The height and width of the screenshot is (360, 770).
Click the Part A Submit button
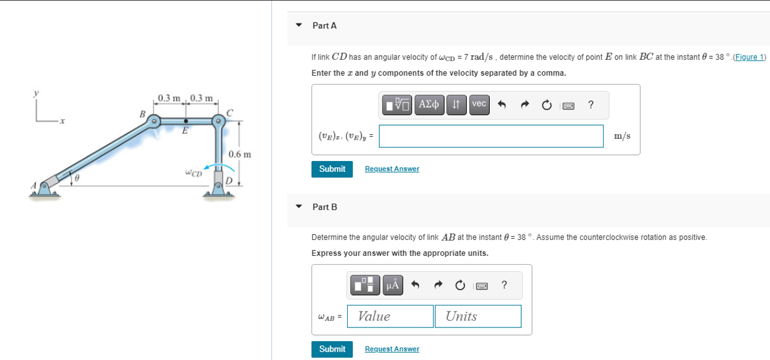tap(332, 169)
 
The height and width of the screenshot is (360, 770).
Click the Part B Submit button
tap(332, 349)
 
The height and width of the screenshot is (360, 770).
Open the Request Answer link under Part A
tap(392, 169)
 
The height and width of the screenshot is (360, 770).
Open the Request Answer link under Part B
tap(392, 349)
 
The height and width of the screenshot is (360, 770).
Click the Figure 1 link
tap(750, 57)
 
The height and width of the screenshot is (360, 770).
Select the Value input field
tap(390, 316)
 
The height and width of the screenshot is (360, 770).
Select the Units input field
tap(477, 316)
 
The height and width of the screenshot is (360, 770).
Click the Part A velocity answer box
tap(491, 136)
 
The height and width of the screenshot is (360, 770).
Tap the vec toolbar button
tap(479, 105)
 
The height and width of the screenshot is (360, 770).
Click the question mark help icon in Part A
tap(591, 105)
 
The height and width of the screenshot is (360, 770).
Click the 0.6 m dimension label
tap(240, 155)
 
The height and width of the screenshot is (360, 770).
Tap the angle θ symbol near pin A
tap(76, 176)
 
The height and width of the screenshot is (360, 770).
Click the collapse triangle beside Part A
tap(299, 25)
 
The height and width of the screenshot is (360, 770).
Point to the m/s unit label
tap(623, 136)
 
